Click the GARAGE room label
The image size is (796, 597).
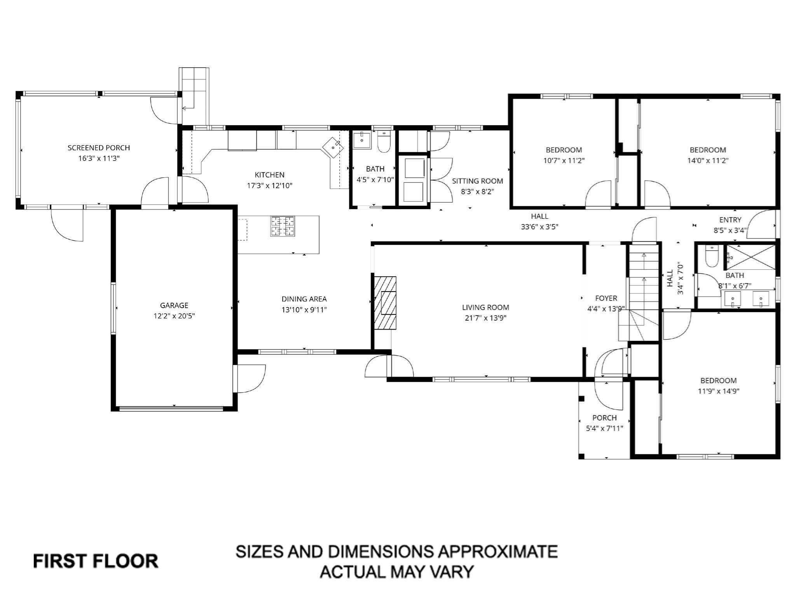click(174, 305)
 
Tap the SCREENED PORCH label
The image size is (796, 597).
click(99, 148)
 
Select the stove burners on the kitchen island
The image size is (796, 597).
click(283, 226)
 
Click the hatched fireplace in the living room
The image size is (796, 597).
click(385, 303)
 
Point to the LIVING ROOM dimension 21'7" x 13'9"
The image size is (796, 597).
click(485, 318)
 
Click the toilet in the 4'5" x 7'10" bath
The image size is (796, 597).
click(384, 141)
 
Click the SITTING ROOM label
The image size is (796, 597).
click(477, 181)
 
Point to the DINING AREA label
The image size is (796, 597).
click(304, 299)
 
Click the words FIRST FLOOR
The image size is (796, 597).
click(96, 561)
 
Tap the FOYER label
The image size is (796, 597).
click(606, 298)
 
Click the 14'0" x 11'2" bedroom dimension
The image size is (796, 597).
click(707, 161)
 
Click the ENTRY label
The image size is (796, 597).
click(730, 220)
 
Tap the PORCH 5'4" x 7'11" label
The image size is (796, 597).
click(604, 423)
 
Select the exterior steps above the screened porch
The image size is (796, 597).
click(194, 96)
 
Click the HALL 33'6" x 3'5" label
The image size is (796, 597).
click(539, 222)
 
